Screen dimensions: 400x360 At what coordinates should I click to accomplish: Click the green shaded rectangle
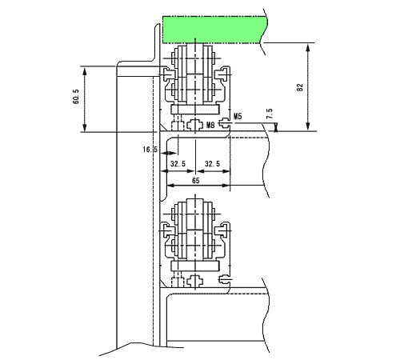point(214,30)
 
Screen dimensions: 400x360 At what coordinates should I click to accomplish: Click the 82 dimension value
point(300,87)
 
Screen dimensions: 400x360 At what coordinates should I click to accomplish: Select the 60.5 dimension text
point(76,97)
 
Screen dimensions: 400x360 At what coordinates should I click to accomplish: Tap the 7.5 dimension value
point(270,114)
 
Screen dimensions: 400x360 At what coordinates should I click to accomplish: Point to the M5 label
point(238,116)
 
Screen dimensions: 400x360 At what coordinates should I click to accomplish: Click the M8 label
point(210,125)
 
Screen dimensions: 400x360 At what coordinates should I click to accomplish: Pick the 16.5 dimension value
point(150,150)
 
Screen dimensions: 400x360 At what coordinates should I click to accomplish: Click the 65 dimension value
point(195,181)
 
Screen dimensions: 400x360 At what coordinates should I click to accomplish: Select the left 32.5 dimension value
point(178,164)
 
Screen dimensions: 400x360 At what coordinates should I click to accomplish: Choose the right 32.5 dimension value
point(212,164)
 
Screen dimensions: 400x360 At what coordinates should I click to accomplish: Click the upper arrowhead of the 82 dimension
point(308,48)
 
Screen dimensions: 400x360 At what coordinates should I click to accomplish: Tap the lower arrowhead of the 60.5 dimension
point(85,126)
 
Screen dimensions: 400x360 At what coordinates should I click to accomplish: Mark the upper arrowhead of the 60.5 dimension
point(85,71)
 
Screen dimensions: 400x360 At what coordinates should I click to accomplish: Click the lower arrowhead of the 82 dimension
point(308,126)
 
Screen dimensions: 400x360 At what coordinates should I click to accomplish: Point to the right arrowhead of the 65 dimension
point(226,185)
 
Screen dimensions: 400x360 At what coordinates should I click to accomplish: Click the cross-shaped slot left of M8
point(195,124)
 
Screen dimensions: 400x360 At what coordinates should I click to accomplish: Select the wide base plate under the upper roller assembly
point(195,110)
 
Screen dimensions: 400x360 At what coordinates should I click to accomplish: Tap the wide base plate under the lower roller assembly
point(195,266)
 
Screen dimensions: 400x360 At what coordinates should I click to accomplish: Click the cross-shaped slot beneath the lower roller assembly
point(195,280)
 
